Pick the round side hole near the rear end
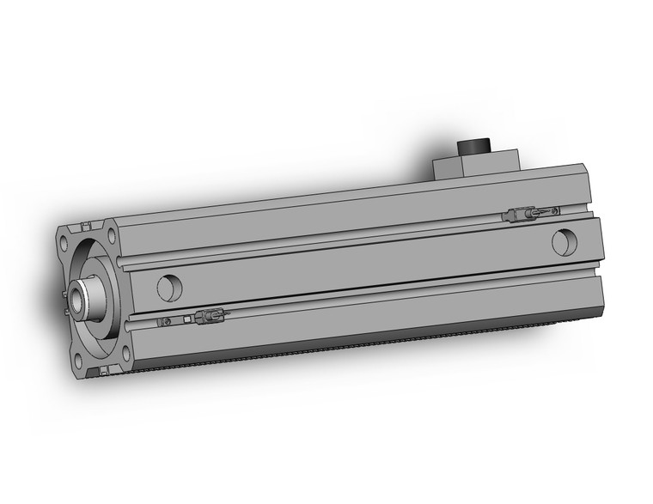point(564,242)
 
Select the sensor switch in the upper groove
point(521,215)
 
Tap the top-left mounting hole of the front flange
point(65,241)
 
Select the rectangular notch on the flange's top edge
point(87,227)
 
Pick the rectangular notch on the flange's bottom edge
point(103,371)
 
